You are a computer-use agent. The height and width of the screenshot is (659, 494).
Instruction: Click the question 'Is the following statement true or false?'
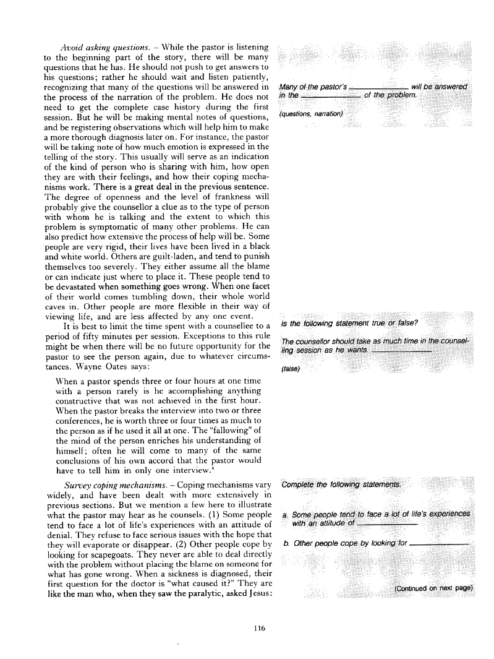click(x=351, y=324)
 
